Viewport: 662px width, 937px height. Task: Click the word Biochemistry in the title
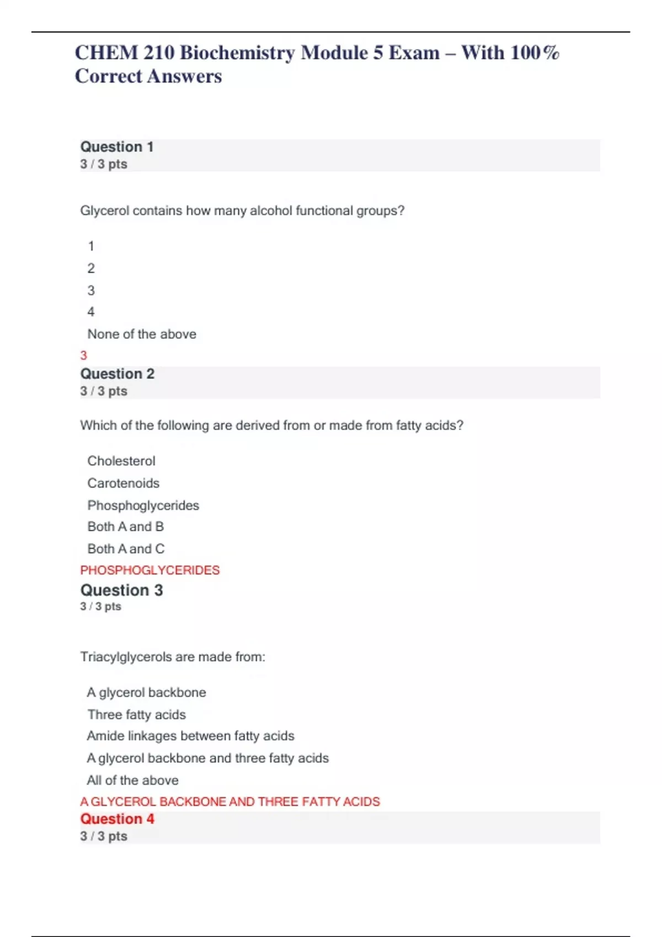tap(237, 53)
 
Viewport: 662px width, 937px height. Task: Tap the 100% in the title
tap(535, 53)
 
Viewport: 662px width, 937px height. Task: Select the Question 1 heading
tap(117, 147)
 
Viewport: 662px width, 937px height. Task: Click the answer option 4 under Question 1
tap(91, 312)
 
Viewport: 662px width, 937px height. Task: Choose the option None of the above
tap(142, 334)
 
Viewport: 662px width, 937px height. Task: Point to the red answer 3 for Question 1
tap(84, 356)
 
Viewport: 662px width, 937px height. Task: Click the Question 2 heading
tap(118, 374)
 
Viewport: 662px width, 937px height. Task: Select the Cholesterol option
tap(121, 461)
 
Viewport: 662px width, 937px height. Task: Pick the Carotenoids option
tap(124, 483)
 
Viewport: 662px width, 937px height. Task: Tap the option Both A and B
tap(126, 527)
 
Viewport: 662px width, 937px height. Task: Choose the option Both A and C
tap(126, 549)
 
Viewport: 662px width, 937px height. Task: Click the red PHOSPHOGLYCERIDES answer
tap(150, 570)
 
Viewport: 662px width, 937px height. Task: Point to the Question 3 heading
tap(121, 590)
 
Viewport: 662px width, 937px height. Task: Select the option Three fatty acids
tap(137, 715)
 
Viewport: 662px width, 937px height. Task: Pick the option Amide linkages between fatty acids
tap(191, 736)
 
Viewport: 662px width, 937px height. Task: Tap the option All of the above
tap(133, 780)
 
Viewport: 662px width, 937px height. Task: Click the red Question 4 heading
tap(118, 819)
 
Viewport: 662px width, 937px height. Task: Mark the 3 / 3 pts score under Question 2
tap(104, 391)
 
